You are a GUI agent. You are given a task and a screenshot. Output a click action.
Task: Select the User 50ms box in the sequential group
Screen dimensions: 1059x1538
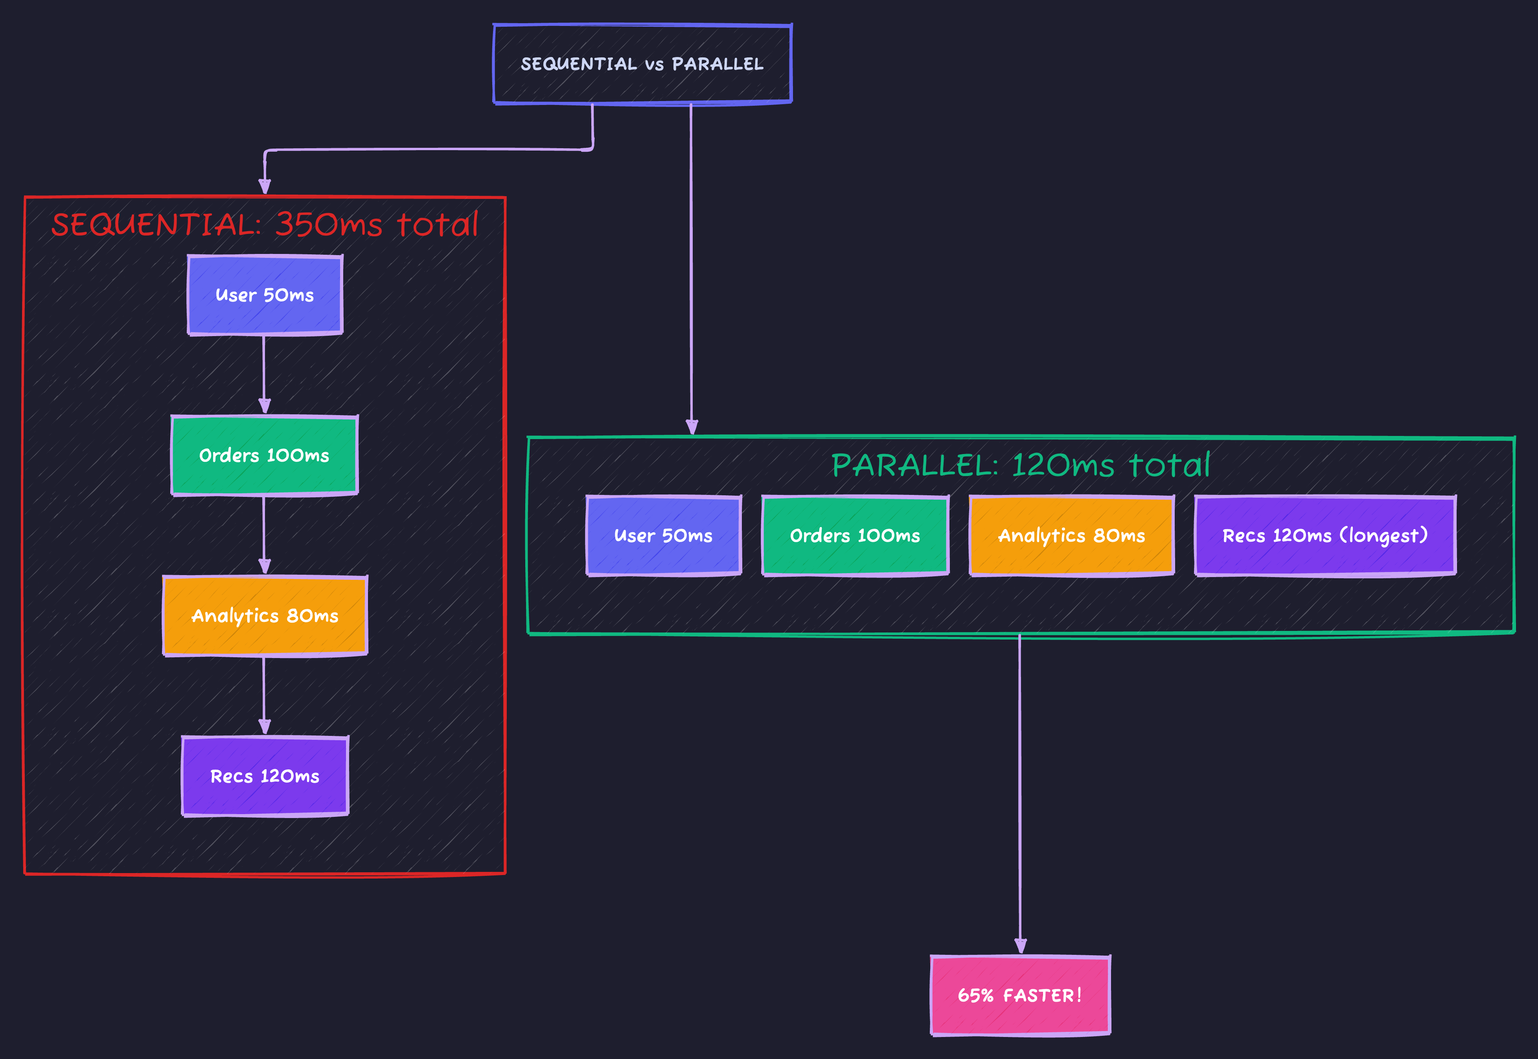click(265, 295)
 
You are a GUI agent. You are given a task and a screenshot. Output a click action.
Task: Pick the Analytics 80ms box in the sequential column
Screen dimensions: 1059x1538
click(265, 616)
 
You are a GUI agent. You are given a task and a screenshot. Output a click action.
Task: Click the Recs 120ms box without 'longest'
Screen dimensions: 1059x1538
click(265, 776)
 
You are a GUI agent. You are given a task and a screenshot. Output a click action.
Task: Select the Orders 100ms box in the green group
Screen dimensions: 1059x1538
click(855, 535)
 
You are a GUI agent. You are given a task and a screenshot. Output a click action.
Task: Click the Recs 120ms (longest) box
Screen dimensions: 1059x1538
click(1325, 535)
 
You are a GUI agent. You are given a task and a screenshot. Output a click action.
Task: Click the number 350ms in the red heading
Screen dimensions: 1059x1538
click(328, 224)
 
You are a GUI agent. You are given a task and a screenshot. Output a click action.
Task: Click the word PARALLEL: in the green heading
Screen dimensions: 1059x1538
click(914, 465)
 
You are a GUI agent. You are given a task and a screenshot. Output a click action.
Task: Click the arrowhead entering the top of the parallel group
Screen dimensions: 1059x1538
click(692, 427)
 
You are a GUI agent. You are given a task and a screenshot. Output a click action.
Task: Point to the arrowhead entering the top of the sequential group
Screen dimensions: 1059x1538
click(265, 186)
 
